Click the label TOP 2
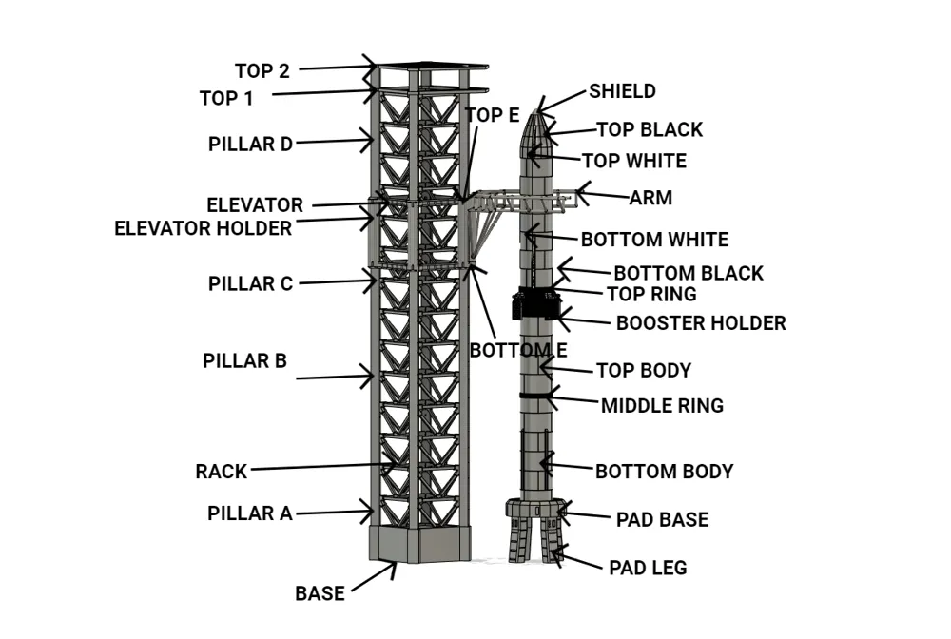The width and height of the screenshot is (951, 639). (x=262, y=70)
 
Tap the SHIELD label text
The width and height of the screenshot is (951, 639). (x=622, y=91)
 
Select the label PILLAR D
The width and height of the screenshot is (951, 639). (x=250, y=145)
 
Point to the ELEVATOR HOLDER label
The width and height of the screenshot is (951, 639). (x=203, y=228)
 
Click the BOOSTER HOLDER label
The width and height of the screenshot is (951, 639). (x=701, y=323)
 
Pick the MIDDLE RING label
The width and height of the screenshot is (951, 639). (x=662, y=406)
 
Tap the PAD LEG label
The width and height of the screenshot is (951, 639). (x=647, y=569)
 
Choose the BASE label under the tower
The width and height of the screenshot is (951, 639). (x=320, y=593)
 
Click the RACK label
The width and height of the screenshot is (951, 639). (x=221, y=472)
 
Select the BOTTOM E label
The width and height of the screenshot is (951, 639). (x=518, y=350)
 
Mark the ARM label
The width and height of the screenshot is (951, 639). (x=650, y=199)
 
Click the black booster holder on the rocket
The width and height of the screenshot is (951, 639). (x=536, y=304)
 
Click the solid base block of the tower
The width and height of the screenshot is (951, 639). (x=418, y=543)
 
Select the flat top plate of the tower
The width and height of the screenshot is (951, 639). (x=430, y=67)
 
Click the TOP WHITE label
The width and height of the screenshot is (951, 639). (x=633, y=161)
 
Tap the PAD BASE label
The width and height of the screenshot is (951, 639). (x=662, y=520)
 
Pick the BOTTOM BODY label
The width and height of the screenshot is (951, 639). (x=664, y=472)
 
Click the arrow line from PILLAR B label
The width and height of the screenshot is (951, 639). (x=333, y=378)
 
